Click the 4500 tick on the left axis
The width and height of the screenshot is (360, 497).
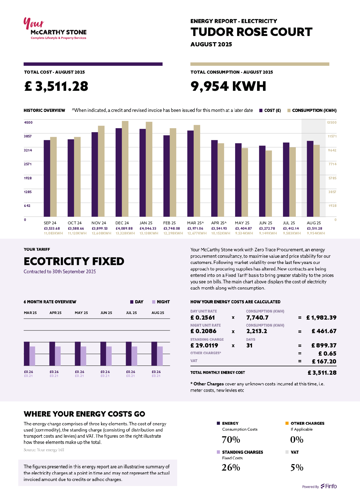(28, 123)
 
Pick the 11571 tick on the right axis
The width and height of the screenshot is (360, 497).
(332, 136)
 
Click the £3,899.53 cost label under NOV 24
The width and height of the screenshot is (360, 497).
(100, 229)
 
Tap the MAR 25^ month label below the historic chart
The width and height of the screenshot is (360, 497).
(195, 223)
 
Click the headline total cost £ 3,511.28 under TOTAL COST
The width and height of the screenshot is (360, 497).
(56, 86)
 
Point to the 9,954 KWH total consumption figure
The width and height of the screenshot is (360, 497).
(228, 86)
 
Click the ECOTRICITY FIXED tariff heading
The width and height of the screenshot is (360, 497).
(74, 261)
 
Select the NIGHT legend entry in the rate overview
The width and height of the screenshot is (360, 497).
(161, 302)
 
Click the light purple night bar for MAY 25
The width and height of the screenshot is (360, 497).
(83, 356)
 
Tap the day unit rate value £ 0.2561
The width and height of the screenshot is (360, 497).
(202, 318)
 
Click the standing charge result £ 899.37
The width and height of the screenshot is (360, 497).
(324, 345)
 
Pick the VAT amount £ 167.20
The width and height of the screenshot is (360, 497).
(324, 362)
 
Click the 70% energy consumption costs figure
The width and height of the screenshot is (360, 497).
(231, 440)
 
